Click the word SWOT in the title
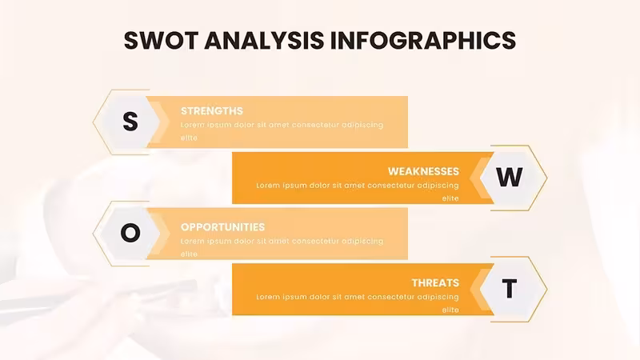pos(162,40)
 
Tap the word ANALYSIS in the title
pos(264,40)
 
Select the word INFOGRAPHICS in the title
pos(423,40)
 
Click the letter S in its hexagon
pos(130,122)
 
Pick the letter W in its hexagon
pos(510,177)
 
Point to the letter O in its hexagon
pos(130,233)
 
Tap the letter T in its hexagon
pos(510,289)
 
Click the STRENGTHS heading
pos(212,111)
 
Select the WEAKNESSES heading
pos(423,171)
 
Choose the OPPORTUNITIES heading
pos(223,227)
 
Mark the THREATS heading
pos(435,283)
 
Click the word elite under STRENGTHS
pos(189,138)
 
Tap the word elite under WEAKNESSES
pos(450,198)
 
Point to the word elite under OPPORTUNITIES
pos(189,254)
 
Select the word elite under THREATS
pos(450,310)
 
